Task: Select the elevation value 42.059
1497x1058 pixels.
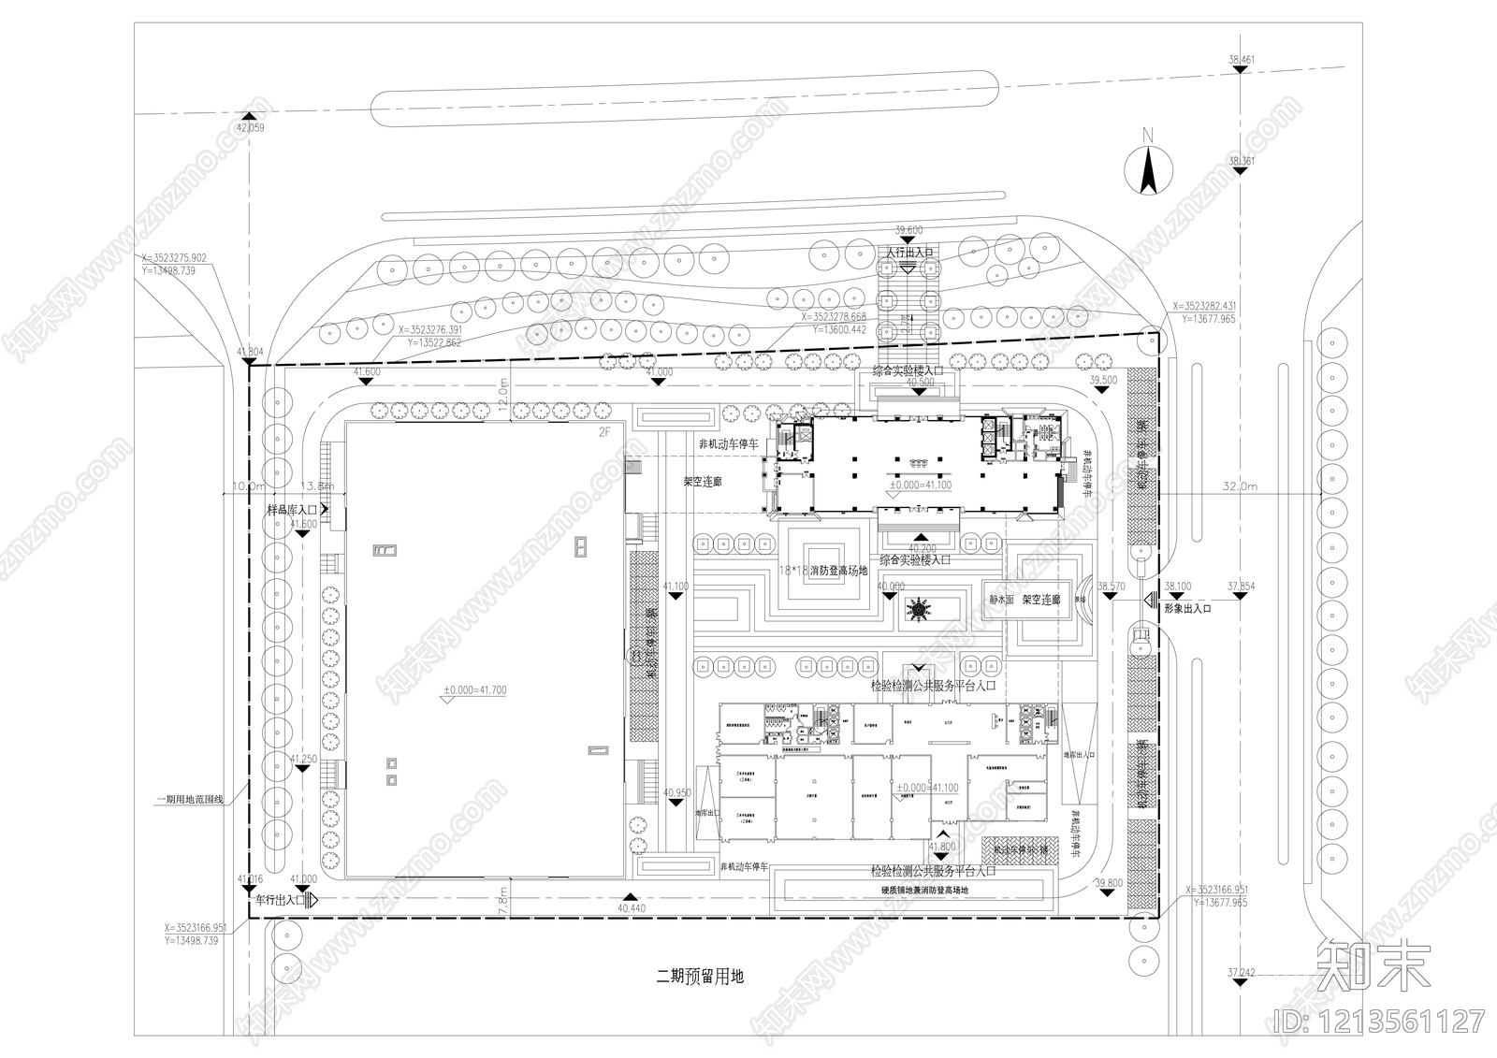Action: [x=251, y=127]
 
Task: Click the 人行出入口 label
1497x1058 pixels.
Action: [x=909, y=253]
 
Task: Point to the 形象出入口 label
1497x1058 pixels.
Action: [x=1187, y=608]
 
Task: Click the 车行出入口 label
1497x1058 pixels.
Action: [x=280, y=900]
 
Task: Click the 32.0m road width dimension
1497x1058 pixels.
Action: [x=1241, y=486]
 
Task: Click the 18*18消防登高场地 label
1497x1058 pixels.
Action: [x=824, y=570]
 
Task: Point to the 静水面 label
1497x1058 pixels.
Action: [x=1002, y=600]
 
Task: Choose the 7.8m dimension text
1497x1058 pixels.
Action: [x=503, y=900]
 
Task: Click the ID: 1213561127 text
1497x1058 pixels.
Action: [x=1379, y=1020]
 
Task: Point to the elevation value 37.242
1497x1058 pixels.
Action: [x=1241, y=973]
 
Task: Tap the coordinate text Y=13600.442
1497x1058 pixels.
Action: [x=839, y=329]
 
